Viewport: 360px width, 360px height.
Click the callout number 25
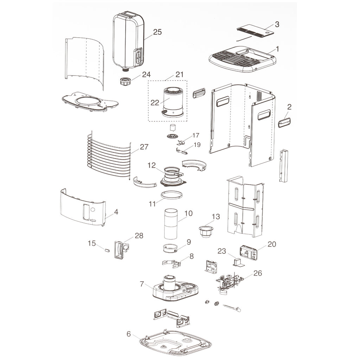[157, 32]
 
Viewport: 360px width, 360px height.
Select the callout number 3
[277, 24]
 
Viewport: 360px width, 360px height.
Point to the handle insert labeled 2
[284, 121]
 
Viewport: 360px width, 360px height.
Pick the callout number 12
[152, 165]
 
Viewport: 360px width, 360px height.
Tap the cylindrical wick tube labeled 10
[171, 224]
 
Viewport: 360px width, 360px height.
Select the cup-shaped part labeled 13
[206, 231]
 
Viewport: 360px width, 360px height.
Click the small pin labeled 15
[107, 250]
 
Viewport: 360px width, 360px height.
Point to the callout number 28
[139, 236]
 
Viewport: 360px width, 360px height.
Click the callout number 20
[272, 244]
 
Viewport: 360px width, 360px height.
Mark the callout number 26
[258, 273]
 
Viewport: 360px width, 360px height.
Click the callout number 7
[142, 284]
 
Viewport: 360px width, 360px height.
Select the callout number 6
[129, 334]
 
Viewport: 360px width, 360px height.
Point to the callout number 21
[180, 75]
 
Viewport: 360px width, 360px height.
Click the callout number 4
[116, 212]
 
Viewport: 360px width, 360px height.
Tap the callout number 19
[197, 144]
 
